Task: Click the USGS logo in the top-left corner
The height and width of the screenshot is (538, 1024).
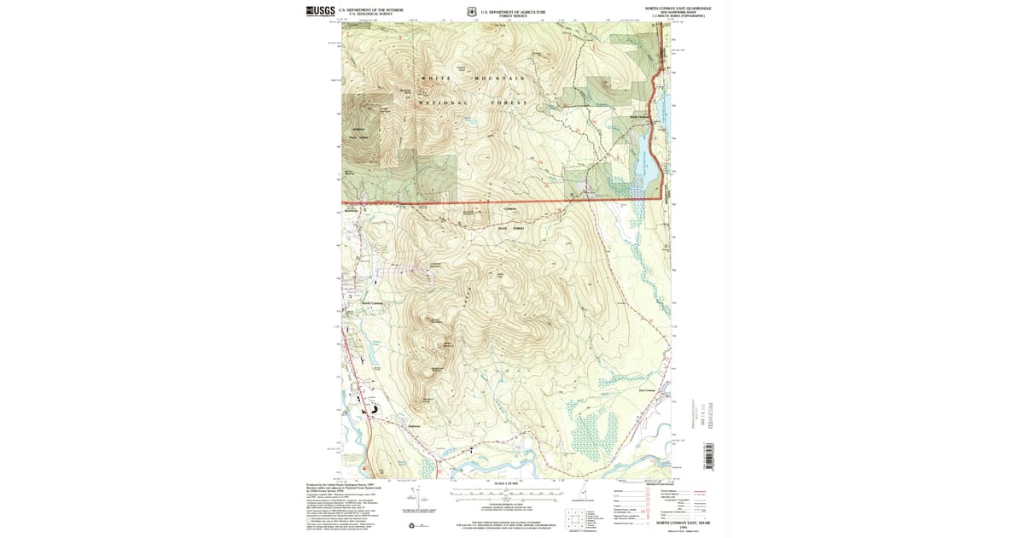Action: pyautogui.click(x=321, y=10)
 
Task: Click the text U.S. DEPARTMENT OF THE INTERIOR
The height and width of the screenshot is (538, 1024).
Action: pyautogui.click(x=370, y=9)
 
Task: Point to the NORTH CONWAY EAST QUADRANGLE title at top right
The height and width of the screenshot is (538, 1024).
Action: pyautogui.click(x=678, y=7)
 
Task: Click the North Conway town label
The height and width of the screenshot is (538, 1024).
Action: pyautogui.click(x=374, y=303)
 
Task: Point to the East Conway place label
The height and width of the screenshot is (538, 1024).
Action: pyautogui.click(x=646, y=392)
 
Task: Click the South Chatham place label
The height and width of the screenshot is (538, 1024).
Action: pyautogui.click(x=639, y=117)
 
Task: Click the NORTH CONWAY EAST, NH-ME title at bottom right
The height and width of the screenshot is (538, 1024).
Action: pyautogui.click(x=678, y=525)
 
